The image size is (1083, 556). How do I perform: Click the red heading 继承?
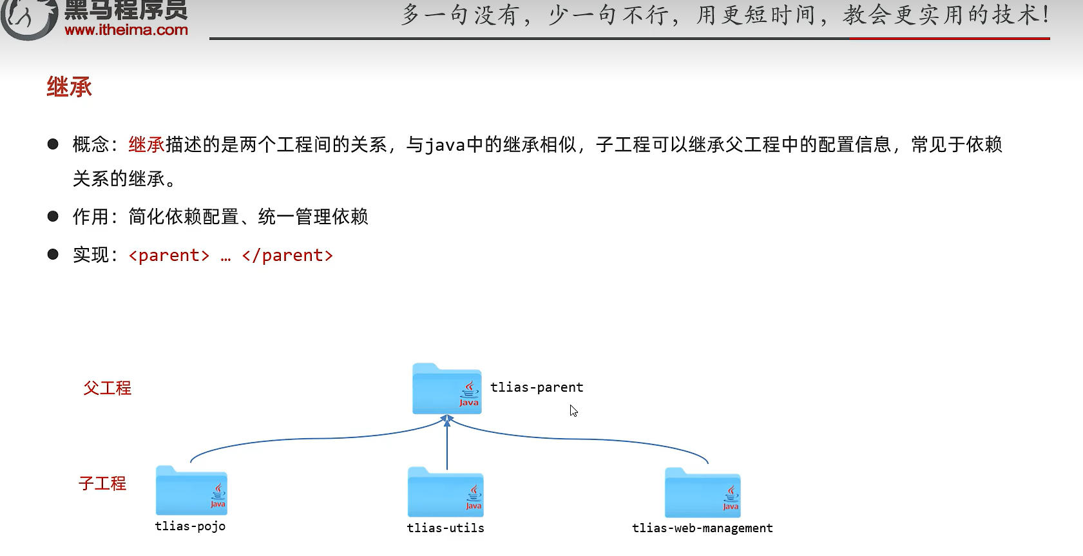point(69,87)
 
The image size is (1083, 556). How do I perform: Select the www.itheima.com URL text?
point(126,30)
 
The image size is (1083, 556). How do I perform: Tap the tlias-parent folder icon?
point(446,389)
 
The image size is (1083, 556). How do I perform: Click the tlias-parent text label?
point(537,387)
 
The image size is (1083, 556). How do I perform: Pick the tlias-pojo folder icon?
point(191,491)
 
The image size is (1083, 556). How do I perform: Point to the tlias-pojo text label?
point(190,526)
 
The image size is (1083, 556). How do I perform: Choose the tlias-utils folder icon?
point(445,493)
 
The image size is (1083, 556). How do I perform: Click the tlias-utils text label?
point(445,528)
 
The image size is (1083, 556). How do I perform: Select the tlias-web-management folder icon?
point(702,494)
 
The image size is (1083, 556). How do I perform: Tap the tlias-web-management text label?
point(702,528)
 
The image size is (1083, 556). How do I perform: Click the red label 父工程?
point(108,388)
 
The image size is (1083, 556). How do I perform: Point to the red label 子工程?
point(102,483)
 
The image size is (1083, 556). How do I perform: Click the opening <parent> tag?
point(169,256)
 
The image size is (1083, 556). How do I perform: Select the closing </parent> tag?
point(287,256)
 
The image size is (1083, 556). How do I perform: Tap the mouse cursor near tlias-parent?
point(573,410)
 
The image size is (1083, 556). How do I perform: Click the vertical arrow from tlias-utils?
point(446,445)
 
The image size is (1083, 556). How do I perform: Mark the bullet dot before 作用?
point(53,216)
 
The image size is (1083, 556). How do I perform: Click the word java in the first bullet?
point(445,145)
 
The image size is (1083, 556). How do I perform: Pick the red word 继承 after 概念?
point(147,145)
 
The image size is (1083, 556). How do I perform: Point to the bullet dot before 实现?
point(53,254)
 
